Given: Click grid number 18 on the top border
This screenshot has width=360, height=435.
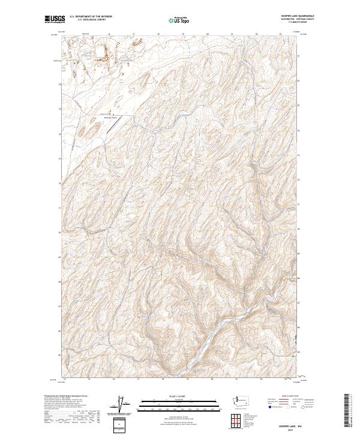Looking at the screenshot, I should pyautogui.click(x=158, y=34).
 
